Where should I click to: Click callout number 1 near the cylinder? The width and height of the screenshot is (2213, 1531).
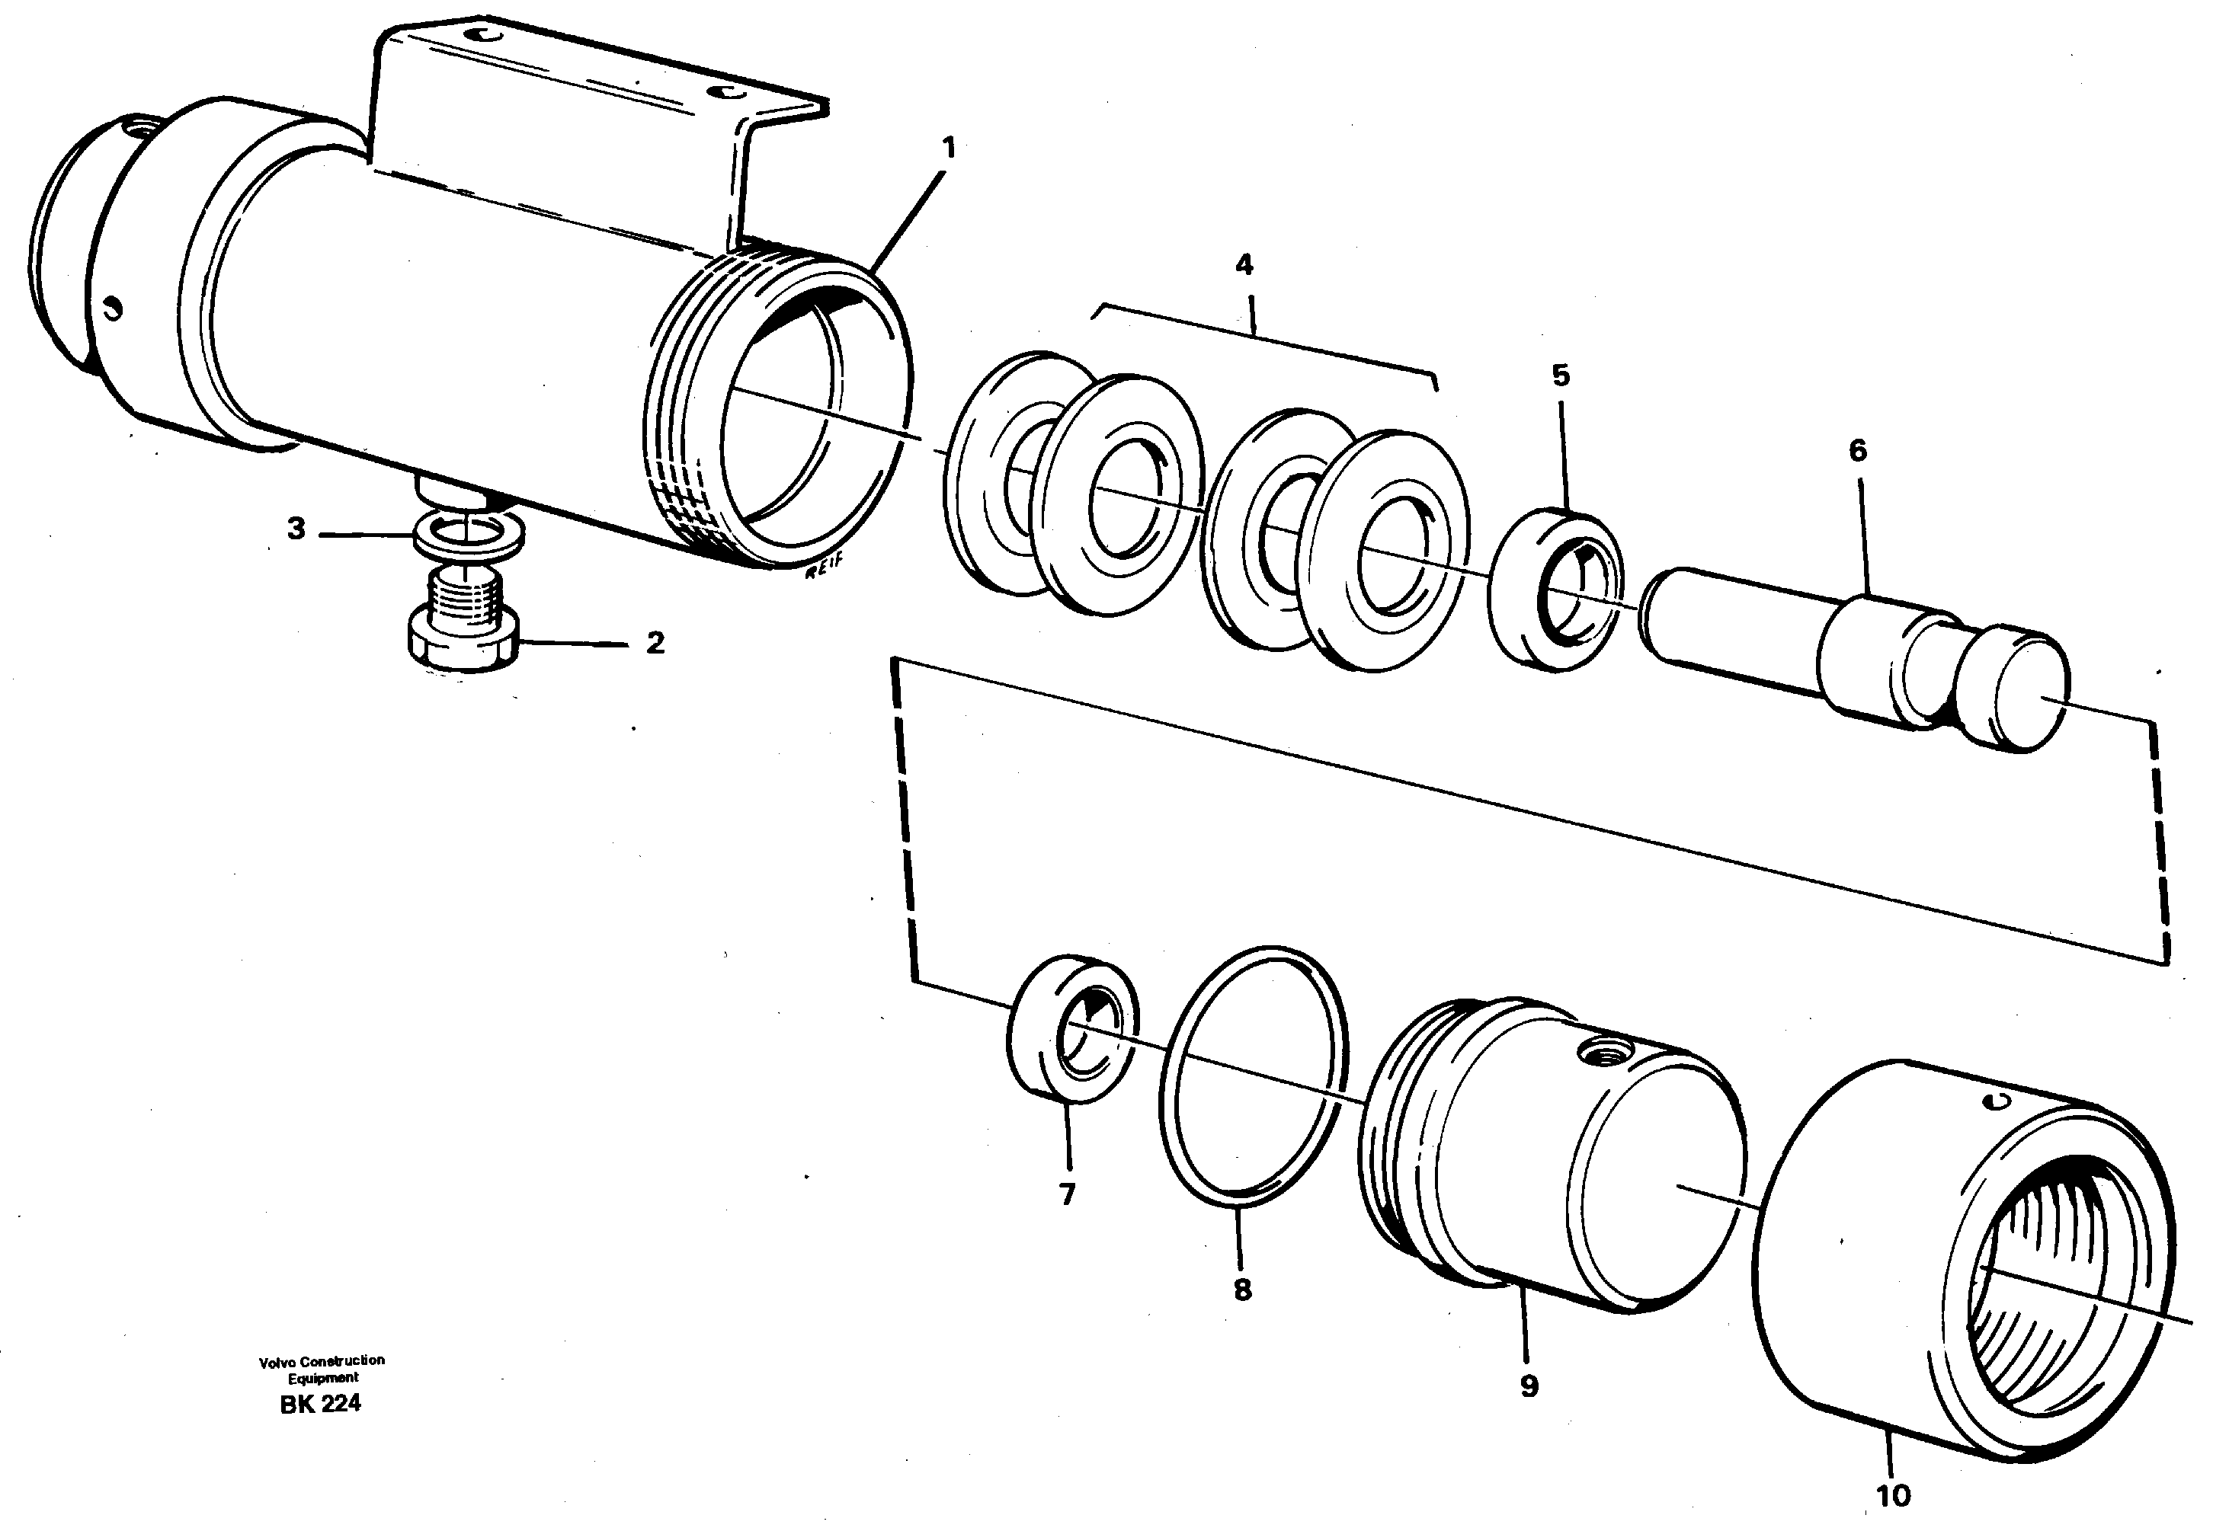pos(948,149)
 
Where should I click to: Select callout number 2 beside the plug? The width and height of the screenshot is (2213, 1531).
pos(655,643)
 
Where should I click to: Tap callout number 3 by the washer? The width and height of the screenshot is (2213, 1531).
pos(296,529)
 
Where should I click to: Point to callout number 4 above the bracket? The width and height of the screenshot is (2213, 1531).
pos(1244,265)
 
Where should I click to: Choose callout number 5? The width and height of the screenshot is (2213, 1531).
pos(1561,375)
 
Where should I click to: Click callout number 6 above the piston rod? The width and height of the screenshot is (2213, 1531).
pos(1858,450)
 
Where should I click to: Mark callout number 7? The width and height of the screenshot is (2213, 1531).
pos(1067,1194)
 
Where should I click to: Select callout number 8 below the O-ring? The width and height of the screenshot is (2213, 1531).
pos(1243,1290)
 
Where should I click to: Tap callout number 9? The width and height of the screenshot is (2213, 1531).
pos(1529,1386)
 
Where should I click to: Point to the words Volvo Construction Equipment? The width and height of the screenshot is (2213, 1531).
pos(322,1369)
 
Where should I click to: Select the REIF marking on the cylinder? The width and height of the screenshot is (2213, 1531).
pos(823,572)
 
